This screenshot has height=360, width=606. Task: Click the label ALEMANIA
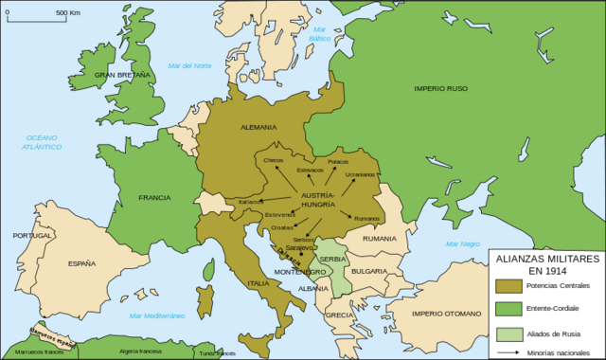258,127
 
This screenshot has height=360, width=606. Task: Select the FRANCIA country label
154,197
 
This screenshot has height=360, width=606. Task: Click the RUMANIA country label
378,238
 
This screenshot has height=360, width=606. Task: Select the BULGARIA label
369,270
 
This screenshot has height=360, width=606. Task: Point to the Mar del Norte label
189,64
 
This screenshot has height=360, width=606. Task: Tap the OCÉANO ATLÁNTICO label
44,142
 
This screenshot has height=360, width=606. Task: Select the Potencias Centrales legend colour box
509,285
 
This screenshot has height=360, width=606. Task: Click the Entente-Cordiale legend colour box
509,310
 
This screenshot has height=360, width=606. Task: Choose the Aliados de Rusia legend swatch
509,333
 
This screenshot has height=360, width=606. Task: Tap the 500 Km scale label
66,12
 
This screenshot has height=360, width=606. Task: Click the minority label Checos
275,160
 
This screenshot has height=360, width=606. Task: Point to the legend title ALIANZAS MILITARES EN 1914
544,262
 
